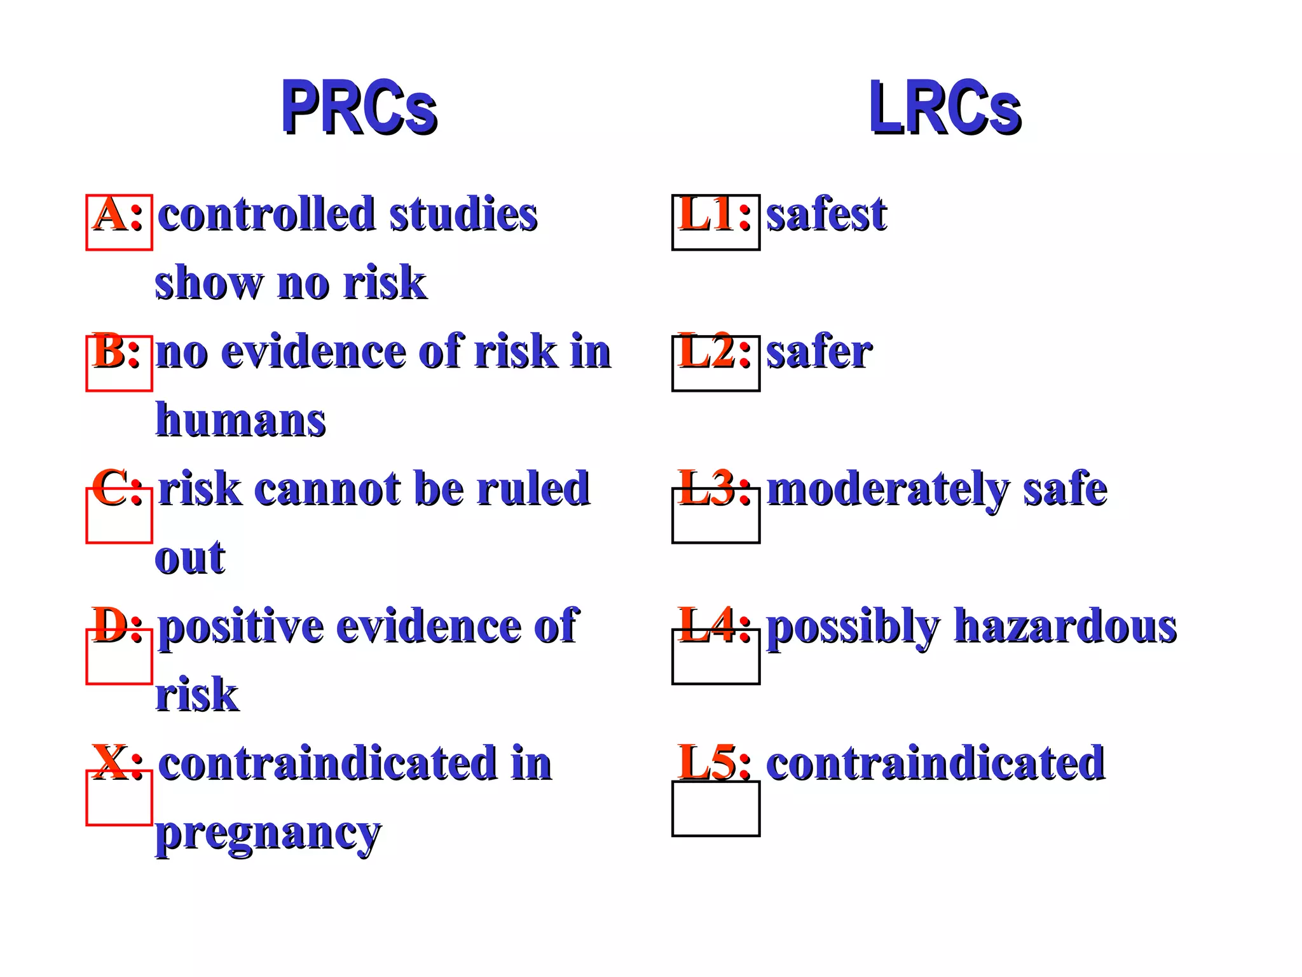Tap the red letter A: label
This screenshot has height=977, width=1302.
click(118, 214)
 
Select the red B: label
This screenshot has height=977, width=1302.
click(116, 351)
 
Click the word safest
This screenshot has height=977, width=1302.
click(826, 214)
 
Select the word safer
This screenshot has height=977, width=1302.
click(819, 351)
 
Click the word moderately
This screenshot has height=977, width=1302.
click(887, 490)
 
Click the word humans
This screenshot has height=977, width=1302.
click(241, 420)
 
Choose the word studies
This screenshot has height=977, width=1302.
click(463, 214)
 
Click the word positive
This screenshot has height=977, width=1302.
click(241, 627)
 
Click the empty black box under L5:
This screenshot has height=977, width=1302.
click(716, 808)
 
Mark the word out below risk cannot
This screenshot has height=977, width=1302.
click(189, 558)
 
